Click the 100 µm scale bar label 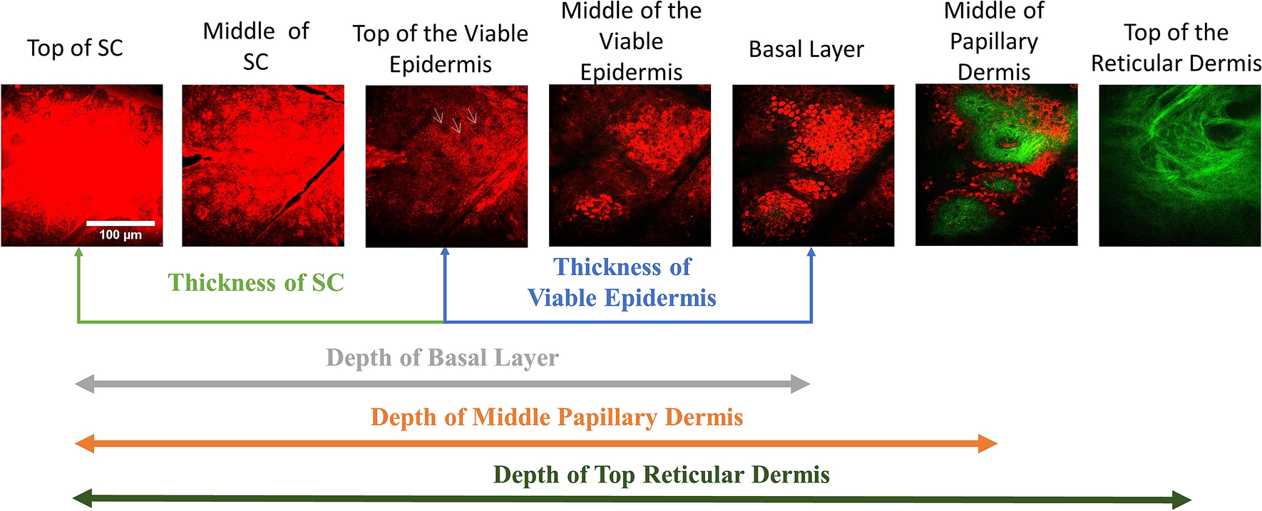click(x=120, y=235)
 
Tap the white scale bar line click(x=120, y=223)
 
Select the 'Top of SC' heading click(x=75, y=48)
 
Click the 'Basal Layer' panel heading click(x=806, y=49)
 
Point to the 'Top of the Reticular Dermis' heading click(x=1176, y=48)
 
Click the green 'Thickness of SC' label click(x=256, y=283)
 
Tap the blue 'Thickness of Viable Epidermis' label click(x=622, y=282)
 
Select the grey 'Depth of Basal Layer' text click(x=442, y=358)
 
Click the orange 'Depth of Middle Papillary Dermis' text click(x=557, y=417)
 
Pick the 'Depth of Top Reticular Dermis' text click(x=662, y=475)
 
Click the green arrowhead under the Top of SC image click(x=78, y=252)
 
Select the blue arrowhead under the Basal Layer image click(x=811, y=252)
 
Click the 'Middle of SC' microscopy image click(x=263, y=165)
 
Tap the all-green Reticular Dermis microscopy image click(x=1180, y=165)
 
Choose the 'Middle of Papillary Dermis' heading click(x=994, y=41)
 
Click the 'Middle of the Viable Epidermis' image click(x=630, y=165)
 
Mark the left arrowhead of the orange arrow click(x=84, y=444)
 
